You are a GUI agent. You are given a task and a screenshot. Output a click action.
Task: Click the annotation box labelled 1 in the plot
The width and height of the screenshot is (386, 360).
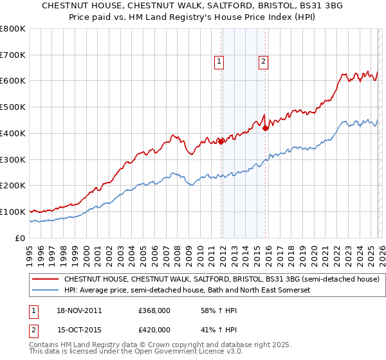coord(219,62)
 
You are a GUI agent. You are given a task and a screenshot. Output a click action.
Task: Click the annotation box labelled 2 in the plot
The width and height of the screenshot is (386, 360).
coord(264,62)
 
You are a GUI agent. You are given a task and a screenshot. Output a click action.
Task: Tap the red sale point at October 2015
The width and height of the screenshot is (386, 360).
coord(266,128)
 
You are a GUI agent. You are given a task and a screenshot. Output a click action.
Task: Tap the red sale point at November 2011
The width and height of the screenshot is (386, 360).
coord(221,141)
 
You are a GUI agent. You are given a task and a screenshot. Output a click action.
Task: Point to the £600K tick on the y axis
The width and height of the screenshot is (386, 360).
coord(13,81)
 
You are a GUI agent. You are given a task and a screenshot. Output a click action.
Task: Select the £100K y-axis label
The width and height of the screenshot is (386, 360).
coord(13,212)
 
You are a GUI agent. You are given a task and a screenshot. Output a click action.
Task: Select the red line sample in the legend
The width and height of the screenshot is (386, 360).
coord(45,280)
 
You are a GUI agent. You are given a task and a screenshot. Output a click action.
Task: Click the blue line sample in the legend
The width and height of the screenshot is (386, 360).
coord(45,291)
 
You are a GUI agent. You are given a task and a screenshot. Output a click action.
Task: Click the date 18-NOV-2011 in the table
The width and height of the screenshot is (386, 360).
coord(79,310)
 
